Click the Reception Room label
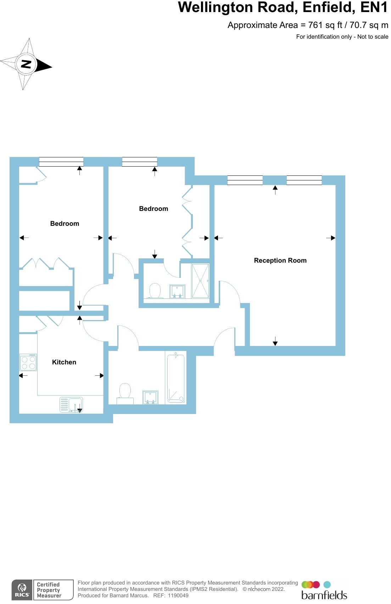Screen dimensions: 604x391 [280, 261]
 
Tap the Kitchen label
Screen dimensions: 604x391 [64, 362]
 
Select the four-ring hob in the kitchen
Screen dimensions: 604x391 [28, 362]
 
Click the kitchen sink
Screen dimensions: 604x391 [72, 404]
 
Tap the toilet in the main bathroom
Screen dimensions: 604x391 [125, 392]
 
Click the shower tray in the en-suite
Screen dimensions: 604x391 [200, 281]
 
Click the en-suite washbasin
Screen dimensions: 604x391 [177, 291]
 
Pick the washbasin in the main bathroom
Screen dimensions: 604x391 [150, 397]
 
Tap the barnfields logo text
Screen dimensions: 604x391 [324, 595]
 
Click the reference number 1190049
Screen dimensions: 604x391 [178, 595]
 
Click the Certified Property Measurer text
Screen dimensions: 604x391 [49, 590]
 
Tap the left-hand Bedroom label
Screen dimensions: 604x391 [65, 224]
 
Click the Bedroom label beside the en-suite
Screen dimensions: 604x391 [153, 209]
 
